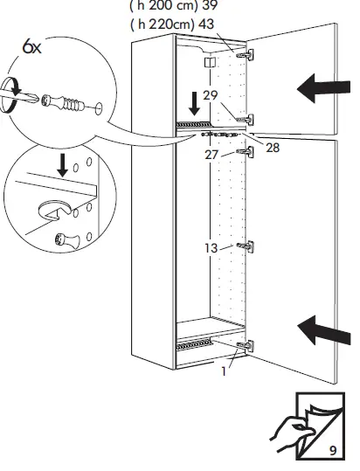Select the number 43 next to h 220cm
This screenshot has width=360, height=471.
pos(206,24)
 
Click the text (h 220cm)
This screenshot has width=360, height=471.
pos(163,24)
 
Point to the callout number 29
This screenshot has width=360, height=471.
pos(210,94)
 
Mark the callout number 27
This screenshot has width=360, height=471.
pos(211,154)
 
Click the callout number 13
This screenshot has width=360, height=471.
pos(211,248)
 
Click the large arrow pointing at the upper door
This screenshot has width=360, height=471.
pos(324,87)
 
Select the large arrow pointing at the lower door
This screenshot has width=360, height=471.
pos(324,329)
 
